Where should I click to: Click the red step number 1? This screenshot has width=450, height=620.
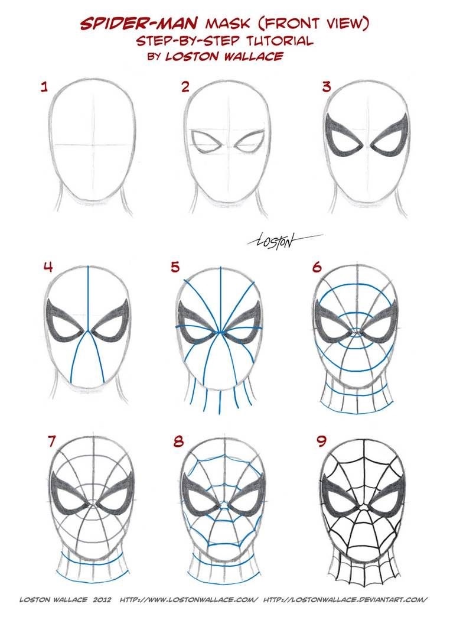[x=43, y=88]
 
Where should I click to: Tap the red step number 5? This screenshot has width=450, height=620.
[x=174, y=267]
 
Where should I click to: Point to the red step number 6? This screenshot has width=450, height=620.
[x=318, y=267]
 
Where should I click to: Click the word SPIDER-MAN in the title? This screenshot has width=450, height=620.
[x=140, y=24]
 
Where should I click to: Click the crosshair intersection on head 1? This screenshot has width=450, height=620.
[x=89, y=144]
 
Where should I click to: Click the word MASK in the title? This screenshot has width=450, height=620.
[x=223, y=24]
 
